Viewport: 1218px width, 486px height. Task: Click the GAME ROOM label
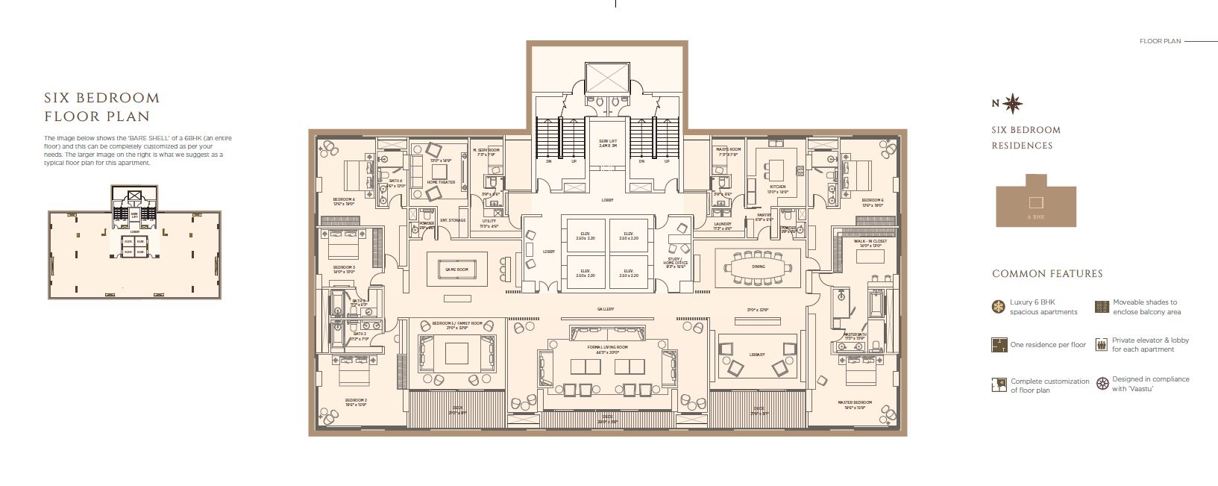456,268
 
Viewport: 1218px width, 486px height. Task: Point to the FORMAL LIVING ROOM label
607,347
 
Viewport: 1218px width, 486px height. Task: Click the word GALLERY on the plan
605,309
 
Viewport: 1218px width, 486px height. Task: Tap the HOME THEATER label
441,182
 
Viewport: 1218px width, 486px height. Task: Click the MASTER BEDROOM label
855,402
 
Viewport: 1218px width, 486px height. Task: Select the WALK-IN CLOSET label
870,241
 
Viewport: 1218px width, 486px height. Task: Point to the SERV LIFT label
608,141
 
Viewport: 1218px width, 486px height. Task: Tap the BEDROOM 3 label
344,267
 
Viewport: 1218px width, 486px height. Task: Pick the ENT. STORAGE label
453,220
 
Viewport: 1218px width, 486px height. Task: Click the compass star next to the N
1013,104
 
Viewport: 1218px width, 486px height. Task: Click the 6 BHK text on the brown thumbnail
1036,216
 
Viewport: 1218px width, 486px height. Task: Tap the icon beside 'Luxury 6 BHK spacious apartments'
999,307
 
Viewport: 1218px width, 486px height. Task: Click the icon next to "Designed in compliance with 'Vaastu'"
1102,384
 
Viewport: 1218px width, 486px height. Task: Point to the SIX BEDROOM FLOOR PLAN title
101,107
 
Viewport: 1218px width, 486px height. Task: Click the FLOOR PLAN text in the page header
1160,41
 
